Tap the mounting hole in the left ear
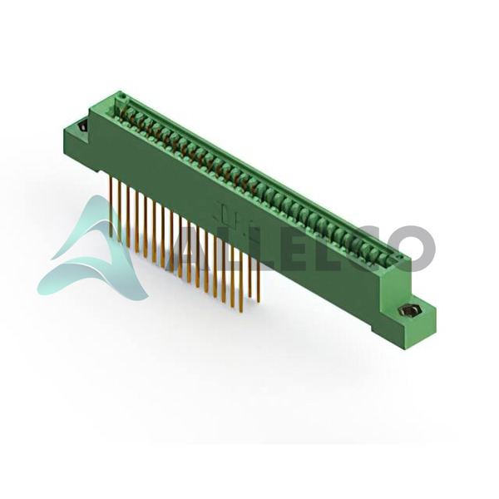pyautogui.click(x=82, y=126)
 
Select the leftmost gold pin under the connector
pyautogui.click(x=111, y=207)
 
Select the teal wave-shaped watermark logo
pyautogui.click(x=92, y=251)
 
